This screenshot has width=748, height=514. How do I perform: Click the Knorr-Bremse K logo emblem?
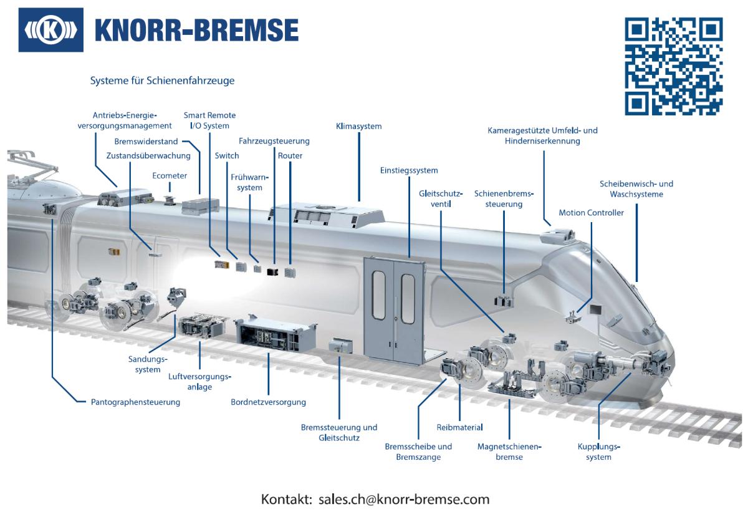pos(50,30)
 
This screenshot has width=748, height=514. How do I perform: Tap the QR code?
pos(674,67)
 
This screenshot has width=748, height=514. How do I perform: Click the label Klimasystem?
pos(358,127)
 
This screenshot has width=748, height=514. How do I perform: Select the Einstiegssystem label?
pos(409,170)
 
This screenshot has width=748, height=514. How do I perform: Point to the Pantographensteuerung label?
pos(136,402)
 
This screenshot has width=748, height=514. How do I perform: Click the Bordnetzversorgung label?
pos(269,402)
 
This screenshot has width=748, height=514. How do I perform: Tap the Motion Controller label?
pos(592,213)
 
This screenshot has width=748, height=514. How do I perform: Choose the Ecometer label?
pos(170,176)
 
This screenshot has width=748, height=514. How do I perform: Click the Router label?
pos(290,156)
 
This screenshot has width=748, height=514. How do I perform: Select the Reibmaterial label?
pos(459,427)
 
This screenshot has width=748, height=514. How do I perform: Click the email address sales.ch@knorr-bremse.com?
pos(404,499)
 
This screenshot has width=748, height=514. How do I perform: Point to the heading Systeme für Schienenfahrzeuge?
pos(162,81)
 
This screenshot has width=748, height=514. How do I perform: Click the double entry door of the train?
pos(395,311)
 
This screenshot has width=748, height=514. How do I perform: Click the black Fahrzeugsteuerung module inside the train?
pos(273,272)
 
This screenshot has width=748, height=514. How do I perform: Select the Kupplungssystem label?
pos(599,452)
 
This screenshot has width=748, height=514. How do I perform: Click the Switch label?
pos(227,156)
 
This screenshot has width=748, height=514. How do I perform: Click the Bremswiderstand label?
pos(146,142)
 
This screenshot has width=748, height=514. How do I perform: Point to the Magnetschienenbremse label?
pos(509,452)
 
